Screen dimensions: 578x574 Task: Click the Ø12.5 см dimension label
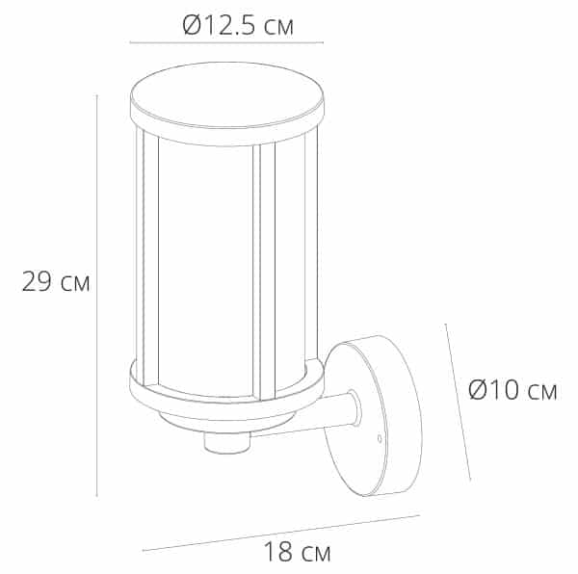(x=238, y=25)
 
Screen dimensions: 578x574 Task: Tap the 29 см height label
(x=56, y=282)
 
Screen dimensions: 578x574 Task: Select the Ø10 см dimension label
(x=512, y=390)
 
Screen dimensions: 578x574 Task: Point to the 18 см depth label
(x=297, y=552)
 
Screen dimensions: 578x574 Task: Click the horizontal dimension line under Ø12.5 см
(x=226, y=42)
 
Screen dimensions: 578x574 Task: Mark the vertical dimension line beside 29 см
(x=97, y=296)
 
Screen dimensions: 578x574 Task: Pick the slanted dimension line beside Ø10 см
(x=458, y=402)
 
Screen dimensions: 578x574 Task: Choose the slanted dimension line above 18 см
(x=281, y=533)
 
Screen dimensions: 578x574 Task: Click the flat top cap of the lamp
(x=227, y=95)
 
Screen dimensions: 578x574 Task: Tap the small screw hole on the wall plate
(x=380, y=438)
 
